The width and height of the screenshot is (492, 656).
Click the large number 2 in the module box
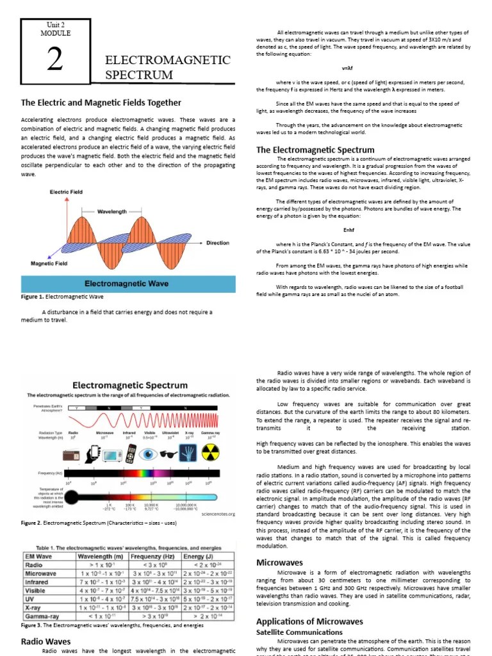coord(54,61)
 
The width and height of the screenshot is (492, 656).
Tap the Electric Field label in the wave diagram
coord(66,192)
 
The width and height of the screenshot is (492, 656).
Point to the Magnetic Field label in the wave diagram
coord(49,263)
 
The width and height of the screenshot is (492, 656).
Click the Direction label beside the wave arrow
coord(218,243)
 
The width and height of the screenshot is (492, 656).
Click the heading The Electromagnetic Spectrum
coord(315,150)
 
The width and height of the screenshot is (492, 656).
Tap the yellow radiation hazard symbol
coord(209,454)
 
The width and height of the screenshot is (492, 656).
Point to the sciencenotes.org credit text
coord(218,513)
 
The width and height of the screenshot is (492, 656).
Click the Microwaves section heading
coord(279,562)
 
